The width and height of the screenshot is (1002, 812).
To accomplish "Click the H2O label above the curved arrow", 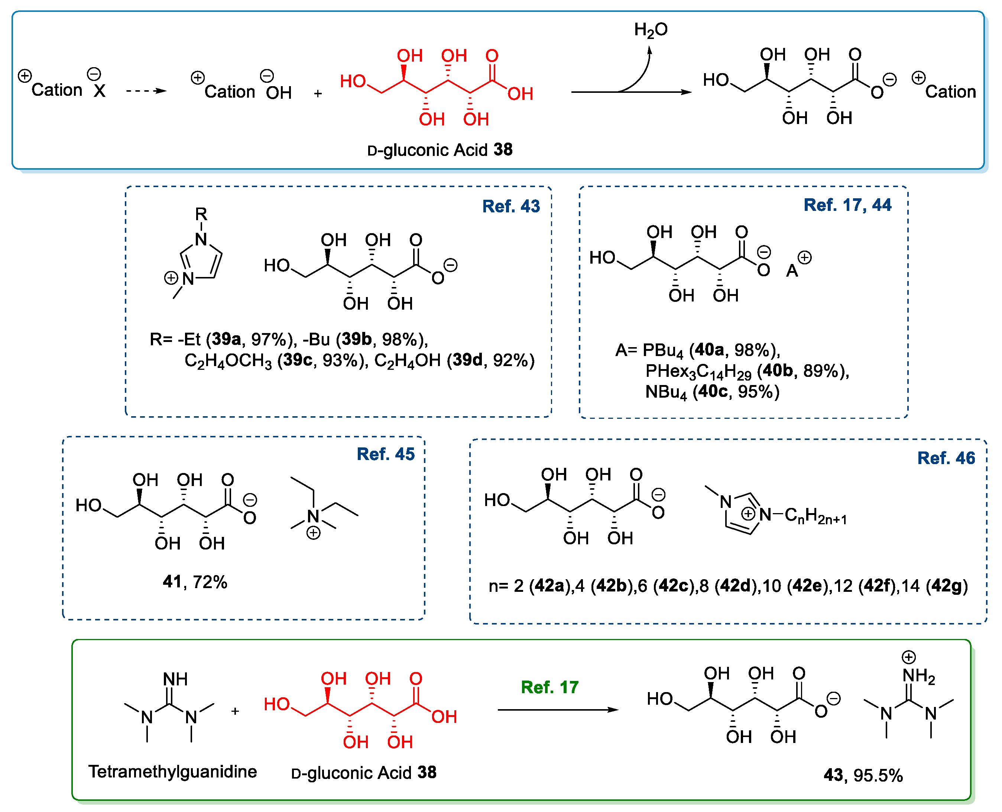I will coord(651,29).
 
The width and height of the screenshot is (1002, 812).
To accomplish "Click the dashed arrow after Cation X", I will coord(146,91).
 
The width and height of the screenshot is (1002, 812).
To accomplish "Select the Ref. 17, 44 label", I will coord(847,205).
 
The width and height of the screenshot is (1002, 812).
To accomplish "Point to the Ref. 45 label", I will coord(385,454).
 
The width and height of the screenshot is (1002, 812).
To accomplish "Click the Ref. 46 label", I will coord(946,458).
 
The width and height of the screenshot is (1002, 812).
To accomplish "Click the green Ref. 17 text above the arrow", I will coord(549,687).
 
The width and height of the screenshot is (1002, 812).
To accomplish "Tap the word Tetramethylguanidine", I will coord(173,771).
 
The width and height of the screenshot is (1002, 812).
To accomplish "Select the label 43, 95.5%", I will coord(863,775).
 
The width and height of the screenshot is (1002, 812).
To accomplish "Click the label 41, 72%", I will coord(195,582).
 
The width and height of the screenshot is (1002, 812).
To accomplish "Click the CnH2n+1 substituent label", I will coord(815,516).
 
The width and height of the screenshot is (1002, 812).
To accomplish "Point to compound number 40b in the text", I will coord(777,371).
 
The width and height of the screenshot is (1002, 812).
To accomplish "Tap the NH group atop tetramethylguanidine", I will coord(175,679).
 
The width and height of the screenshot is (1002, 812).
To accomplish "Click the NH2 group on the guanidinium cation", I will coord(918,675).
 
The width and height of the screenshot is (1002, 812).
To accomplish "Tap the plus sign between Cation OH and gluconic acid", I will coord(318,94).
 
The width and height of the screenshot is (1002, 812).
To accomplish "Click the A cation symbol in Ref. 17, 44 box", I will coord(792,270).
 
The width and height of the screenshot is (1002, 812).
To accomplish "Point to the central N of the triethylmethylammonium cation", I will coord(313,516).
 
